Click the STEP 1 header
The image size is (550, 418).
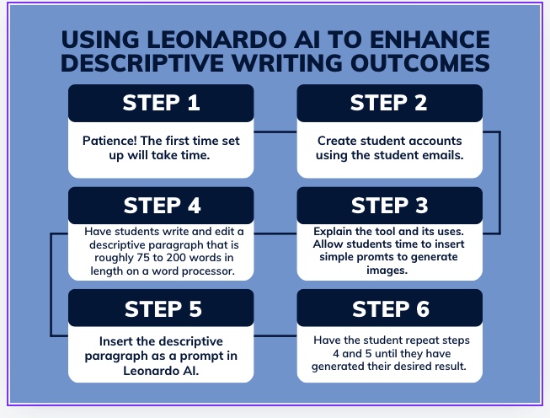pos(161,103)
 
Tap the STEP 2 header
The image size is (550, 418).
pos(389,103)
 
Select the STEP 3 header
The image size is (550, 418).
pos(389,206)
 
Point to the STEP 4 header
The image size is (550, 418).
pos(161,206)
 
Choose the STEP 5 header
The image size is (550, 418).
pos(161,308)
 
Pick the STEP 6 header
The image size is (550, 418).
pos(389,308)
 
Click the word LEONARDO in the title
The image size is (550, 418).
pos(216,40)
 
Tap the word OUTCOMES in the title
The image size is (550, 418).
pos(419,63)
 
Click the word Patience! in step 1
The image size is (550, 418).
pos(109,141)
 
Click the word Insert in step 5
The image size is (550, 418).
pos(115,341)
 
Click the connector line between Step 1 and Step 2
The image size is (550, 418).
pos(275,132)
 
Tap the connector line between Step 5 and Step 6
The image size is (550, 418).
pos(275,336)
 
